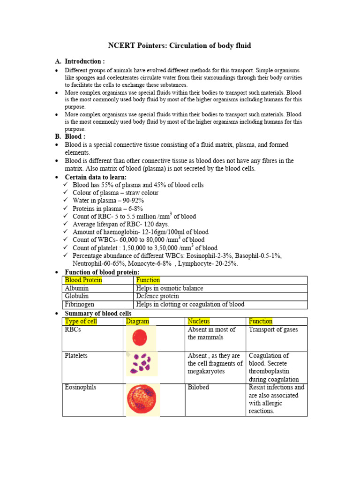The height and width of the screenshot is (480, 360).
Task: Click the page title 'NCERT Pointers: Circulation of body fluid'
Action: point(180,45)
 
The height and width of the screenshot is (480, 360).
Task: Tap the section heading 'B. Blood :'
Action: point(75,136)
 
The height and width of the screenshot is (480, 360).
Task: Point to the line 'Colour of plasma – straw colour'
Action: point(115,193)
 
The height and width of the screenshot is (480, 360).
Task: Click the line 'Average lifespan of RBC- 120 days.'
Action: point(121,224)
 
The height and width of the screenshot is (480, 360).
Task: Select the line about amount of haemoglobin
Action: point(141,232)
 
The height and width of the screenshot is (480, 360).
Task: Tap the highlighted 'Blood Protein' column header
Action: point(83,280)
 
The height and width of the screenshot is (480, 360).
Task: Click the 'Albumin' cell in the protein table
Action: point(77,288)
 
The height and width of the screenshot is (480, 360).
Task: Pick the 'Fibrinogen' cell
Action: point(80,304)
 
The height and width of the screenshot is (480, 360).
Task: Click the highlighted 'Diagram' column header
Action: point(137,321)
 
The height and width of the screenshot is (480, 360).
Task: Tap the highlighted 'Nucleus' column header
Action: point(199,321)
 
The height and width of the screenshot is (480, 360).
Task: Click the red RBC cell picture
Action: point(140,337)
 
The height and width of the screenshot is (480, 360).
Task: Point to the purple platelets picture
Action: point(141,364)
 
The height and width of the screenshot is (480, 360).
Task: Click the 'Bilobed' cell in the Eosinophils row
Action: point(198,388)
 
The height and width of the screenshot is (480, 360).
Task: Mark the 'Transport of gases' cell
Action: point(273,330)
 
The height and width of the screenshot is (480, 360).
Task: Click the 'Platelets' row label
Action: point(76,356)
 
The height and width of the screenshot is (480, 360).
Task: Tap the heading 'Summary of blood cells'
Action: point(98,313)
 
